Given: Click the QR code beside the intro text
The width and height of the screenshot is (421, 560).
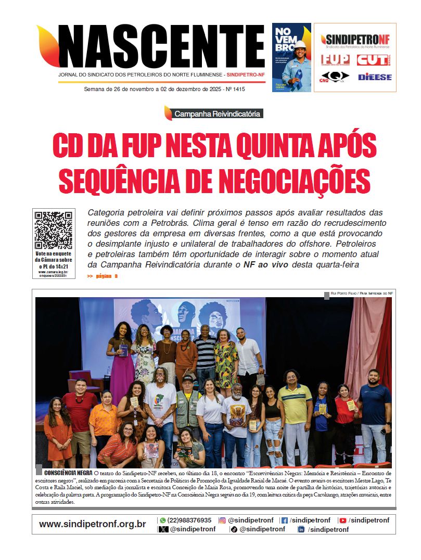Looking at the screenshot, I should point(53,230).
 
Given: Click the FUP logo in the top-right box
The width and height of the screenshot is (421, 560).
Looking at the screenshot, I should point(335,60).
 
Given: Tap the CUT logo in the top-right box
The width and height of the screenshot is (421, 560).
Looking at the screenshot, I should point(372,60).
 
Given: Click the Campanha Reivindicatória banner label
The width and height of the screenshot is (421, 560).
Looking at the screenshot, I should point(217,113).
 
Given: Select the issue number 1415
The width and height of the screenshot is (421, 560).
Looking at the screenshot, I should point(238,90).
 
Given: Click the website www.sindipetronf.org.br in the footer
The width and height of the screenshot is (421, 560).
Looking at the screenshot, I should point(92,524).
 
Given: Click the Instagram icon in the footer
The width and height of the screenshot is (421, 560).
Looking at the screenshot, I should point(222,520).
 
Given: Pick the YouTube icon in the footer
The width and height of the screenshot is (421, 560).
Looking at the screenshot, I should point(342,520).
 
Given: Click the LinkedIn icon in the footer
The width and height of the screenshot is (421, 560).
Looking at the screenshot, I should point(301,529).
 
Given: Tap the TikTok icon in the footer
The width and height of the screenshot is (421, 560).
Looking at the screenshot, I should point(234,529).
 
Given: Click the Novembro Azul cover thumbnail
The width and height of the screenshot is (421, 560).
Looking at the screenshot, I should point(291,57).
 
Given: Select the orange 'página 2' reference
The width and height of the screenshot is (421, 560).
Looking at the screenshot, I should point(106,276).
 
